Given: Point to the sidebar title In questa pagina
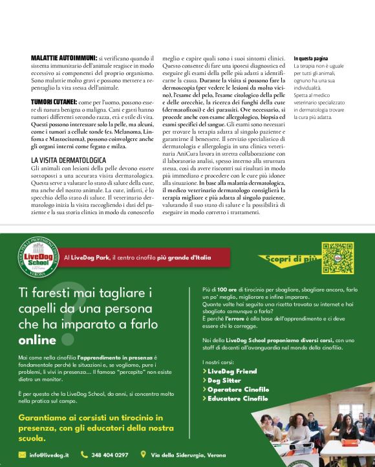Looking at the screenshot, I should click(310, 58).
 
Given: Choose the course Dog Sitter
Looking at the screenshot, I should click(224, 380).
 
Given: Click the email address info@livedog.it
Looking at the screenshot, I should click(49, 455).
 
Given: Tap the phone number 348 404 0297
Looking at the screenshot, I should click(110, 455).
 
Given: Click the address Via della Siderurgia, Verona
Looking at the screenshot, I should click(187, 455).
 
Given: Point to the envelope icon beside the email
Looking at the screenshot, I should click(22, 455).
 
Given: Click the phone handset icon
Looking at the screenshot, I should click(84, 455).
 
